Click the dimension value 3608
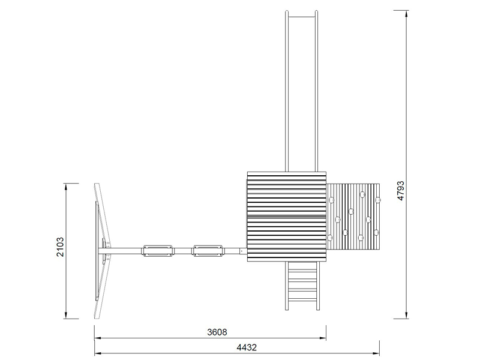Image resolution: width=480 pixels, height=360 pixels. [217, 332]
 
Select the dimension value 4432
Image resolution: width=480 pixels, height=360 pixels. [247, 347]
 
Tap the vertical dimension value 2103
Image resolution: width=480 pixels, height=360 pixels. [60, 247]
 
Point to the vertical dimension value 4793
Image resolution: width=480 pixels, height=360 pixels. [400, 191]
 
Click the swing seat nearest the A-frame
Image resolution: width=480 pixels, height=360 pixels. [158, 251]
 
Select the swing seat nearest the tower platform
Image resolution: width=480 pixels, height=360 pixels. [208, 251]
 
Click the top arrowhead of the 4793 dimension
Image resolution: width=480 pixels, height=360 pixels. [407, 14]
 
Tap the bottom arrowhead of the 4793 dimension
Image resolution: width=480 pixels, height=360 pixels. [407, 314]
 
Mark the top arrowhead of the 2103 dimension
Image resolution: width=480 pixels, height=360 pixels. [66, 187]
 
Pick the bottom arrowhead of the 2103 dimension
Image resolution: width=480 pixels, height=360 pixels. [66, 314]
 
